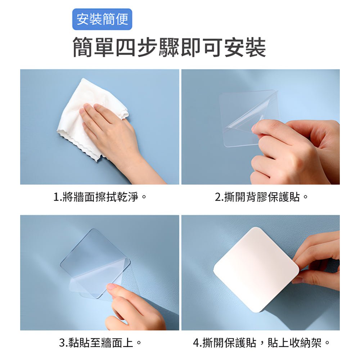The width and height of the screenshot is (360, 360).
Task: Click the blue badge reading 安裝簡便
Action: click(x=102, y=19)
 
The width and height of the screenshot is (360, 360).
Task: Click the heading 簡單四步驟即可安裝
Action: click(x=169, y=48)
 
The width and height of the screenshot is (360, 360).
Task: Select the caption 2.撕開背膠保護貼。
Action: click(x=262, y=197)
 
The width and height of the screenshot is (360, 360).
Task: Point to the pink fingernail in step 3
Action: click(x=112, y=287)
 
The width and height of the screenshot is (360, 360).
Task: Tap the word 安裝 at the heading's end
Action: click(x=245, y=48)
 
